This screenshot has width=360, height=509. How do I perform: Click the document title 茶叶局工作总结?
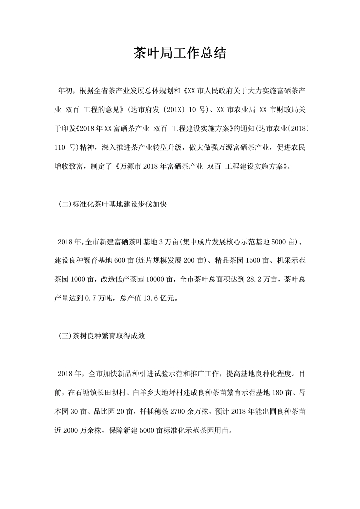click(x=180, y=53)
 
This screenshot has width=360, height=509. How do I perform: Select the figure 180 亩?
click(x=280, y=393)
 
